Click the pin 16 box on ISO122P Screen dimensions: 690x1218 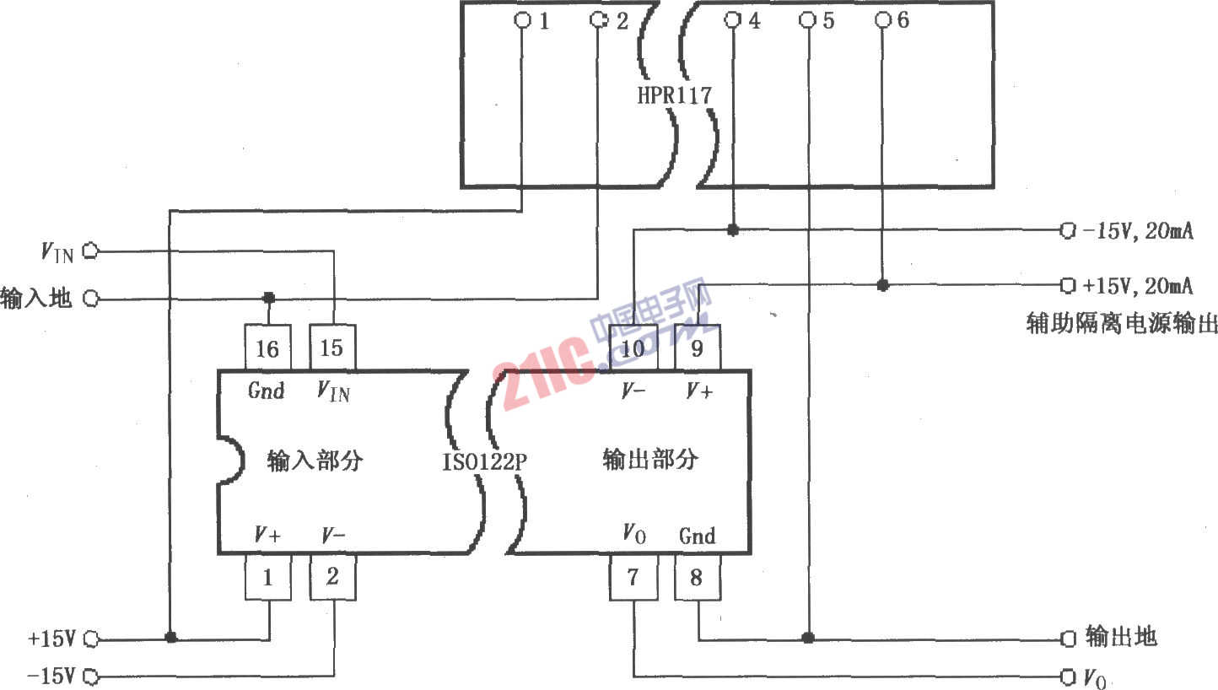pos(267,348)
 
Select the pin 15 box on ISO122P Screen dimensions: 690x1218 pos(332,348)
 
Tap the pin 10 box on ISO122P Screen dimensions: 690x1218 pos(633,348)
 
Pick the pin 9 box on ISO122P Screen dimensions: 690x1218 pos(697,348)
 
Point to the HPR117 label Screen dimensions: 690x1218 pos(674,94)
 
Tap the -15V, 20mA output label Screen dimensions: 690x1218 pos(1138,231)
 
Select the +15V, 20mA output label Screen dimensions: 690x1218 pos(1138,286)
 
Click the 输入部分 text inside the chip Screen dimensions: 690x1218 pos(315,461)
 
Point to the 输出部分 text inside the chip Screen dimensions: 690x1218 pos(650,459)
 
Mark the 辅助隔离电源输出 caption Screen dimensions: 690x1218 pos(1121,323)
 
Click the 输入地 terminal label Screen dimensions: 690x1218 pos(36,299)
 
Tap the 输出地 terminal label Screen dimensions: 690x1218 pos(1121,637)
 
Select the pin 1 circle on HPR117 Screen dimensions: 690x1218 pos(522,19)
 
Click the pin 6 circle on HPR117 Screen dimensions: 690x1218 pos(883,19)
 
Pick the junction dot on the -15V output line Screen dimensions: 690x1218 pos(732,229)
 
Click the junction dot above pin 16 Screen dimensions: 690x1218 pos(268,298)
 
